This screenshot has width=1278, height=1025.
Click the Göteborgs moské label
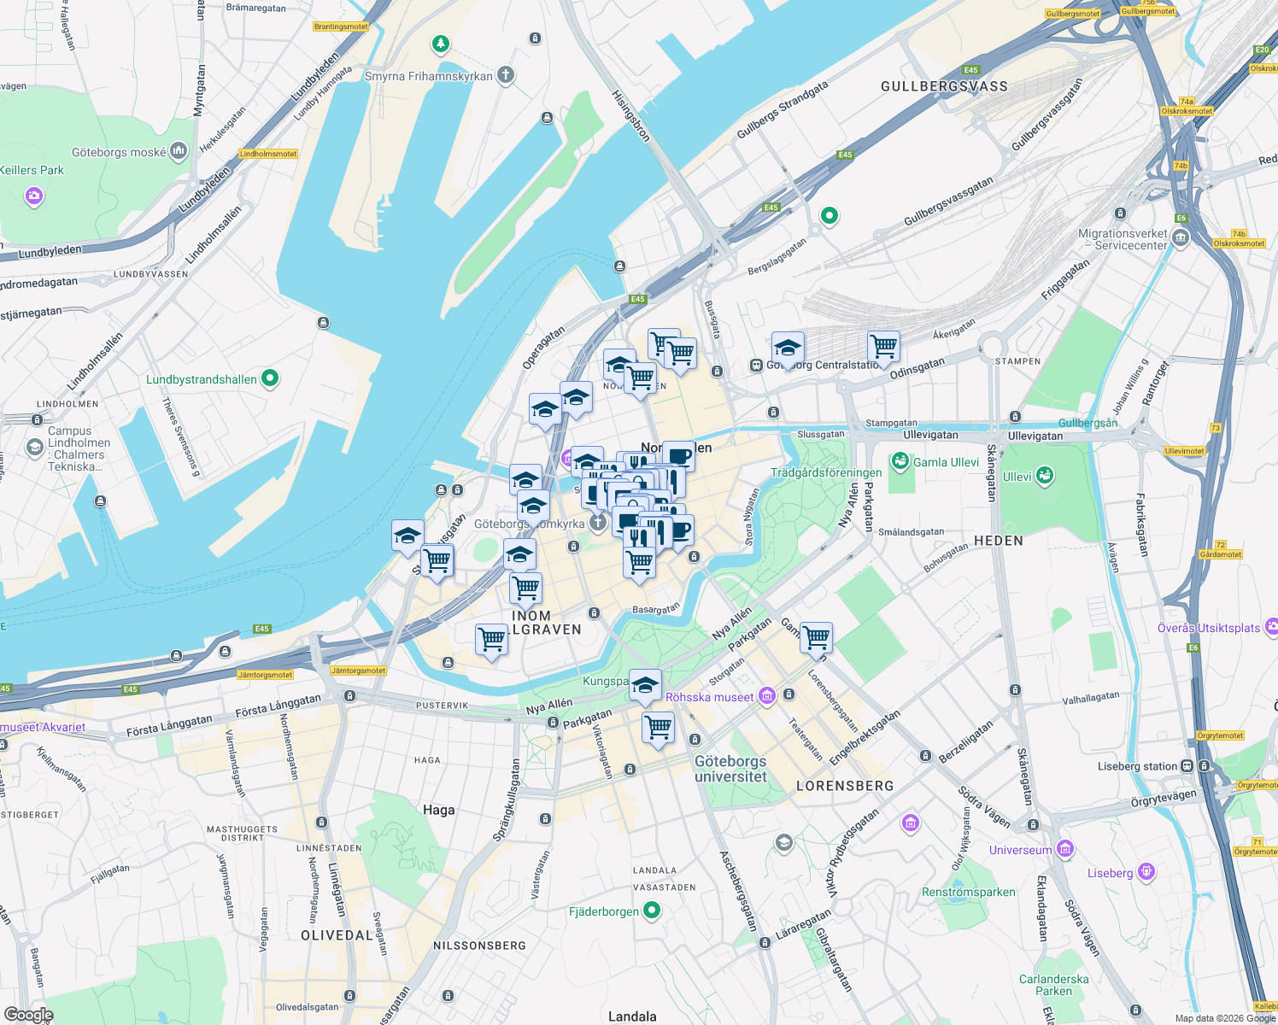click(x=119, y=153)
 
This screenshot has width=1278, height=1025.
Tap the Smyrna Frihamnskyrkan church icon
click(x=506, y=76)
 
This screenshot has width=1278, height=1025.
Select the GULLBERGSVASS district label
click(x=944, y=86)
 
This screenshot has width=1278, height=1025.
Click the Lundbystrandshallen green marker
click(x=270, y=378)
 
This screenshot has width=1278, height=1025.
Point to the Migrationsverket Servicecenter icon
click(x=1181, y=238)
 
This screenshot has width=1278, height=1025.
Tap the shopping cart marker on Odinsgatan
click(x=883, y=348)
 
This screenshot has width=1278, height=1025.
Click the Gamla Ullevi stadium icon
click(x=900, y=462)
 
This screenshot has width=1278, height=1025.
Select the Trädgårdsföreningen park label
click(x=825, y=472)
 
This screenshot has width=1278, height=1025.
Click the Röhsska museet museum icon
click(x=766, y=697)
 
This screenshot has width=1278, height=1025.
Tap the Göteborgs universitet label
click(x=730, y=769)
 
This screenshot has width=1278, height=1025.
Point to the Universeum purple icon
click(x=1064, y=849)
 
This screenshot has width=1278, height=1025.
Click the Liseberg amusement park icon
click(x=1146, y=872)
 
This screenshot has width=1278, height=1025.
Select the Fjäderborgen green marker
click(x=652, y=911)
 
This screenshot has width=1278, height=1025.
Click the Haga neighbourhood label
click(x=438, y=810)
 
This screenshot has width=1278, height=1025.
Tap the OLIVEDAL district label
click(x=337, y=935)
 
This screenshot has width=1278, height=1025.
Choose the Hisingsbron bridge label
click(x=630, y=116)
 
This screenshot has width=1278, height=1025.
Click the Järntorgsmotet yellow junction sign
click(x=358, y=671)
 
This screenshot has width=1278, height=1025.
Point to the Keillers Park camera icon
click(x=34, y=197)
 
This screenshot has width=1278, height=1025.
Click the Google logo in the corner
click(x=28, y=1015)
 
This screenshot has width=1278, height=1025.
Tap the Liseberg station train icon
click(x=1187, y=766)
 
